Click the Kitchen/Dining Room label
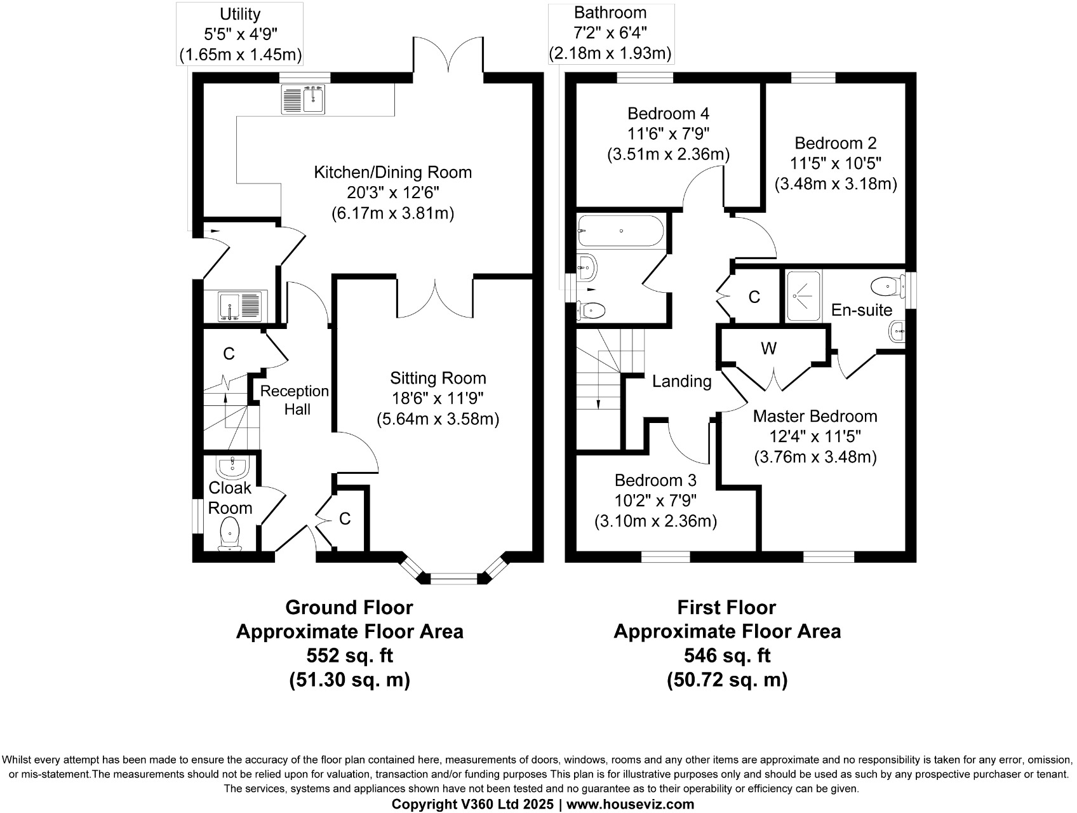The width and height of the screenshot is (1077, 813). point(392,172)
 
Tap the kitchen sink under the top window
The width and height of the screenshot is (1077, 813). point(304,100)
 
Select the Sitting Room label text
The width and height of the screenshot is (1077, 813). point(438,378)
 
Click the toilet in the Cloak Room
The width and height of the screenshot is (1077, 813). point(229,533)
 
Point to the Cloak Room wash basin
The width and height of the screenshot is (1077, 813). point(232,468)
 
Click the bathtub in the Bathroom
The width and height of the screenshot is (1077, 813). point(620,231)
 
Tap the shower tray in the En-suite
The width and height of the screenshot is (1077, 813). point(803,295)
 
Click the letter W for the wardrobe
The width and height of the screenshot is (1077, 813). point(768,348)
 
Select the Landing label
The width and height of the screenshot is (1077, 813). point(682,381)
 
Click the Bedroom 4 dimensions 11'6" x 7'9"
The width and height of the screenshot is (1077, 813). point(668,134)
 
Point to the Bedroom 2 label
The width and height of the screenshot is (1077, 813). point(836,142)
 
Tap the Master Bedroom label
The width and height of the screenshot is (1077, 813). point(815,416)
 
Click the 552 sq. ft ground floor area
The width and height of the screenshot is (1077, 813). point(349,655)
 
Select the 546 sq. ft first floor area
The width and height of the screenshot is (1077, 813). point(727,655)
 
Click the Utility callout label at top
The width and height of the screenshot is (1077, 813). point(239,13)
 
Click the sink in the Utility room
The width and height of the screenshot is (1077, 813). point(239,306)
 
